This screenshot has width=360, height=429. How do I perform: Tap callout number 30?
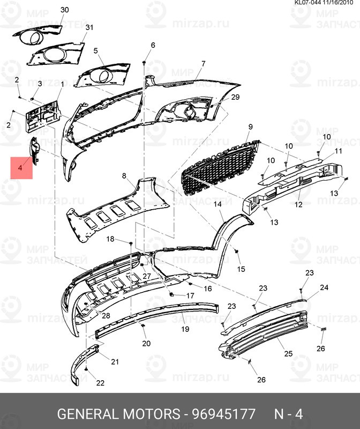point(65,10)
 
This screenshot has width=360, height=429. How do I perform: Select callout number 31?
point(89,27)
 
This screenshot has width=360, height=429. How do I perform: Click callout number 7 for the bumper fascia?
point(204,64)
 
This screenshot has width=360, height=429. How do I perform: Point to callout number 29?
point(235,97)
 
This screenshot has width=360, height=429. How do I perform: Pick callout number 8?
point(124,176)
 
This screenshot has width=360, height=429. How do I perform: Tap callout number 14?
point(218,205)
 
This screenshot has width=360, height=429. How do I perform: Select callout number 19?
point(185,329)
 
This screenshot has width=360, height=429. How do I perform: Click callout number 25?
point(288,354)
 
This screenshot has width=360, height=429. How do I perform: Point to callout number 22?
point(100,383)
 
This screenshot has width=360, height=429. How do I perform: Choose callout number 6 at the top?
point(153,45)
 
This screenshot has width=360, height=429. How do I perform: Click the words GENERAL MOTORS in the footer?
point(118,415)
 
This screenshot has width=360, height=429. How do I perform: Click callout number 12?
point(298,204)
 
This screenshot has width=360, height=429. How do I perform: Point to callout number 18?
point(110,239)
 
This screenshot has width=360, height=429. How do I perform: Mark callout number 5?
point(96,51)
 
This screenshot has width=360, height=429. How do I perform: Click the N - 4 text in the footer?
point(289,415)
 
